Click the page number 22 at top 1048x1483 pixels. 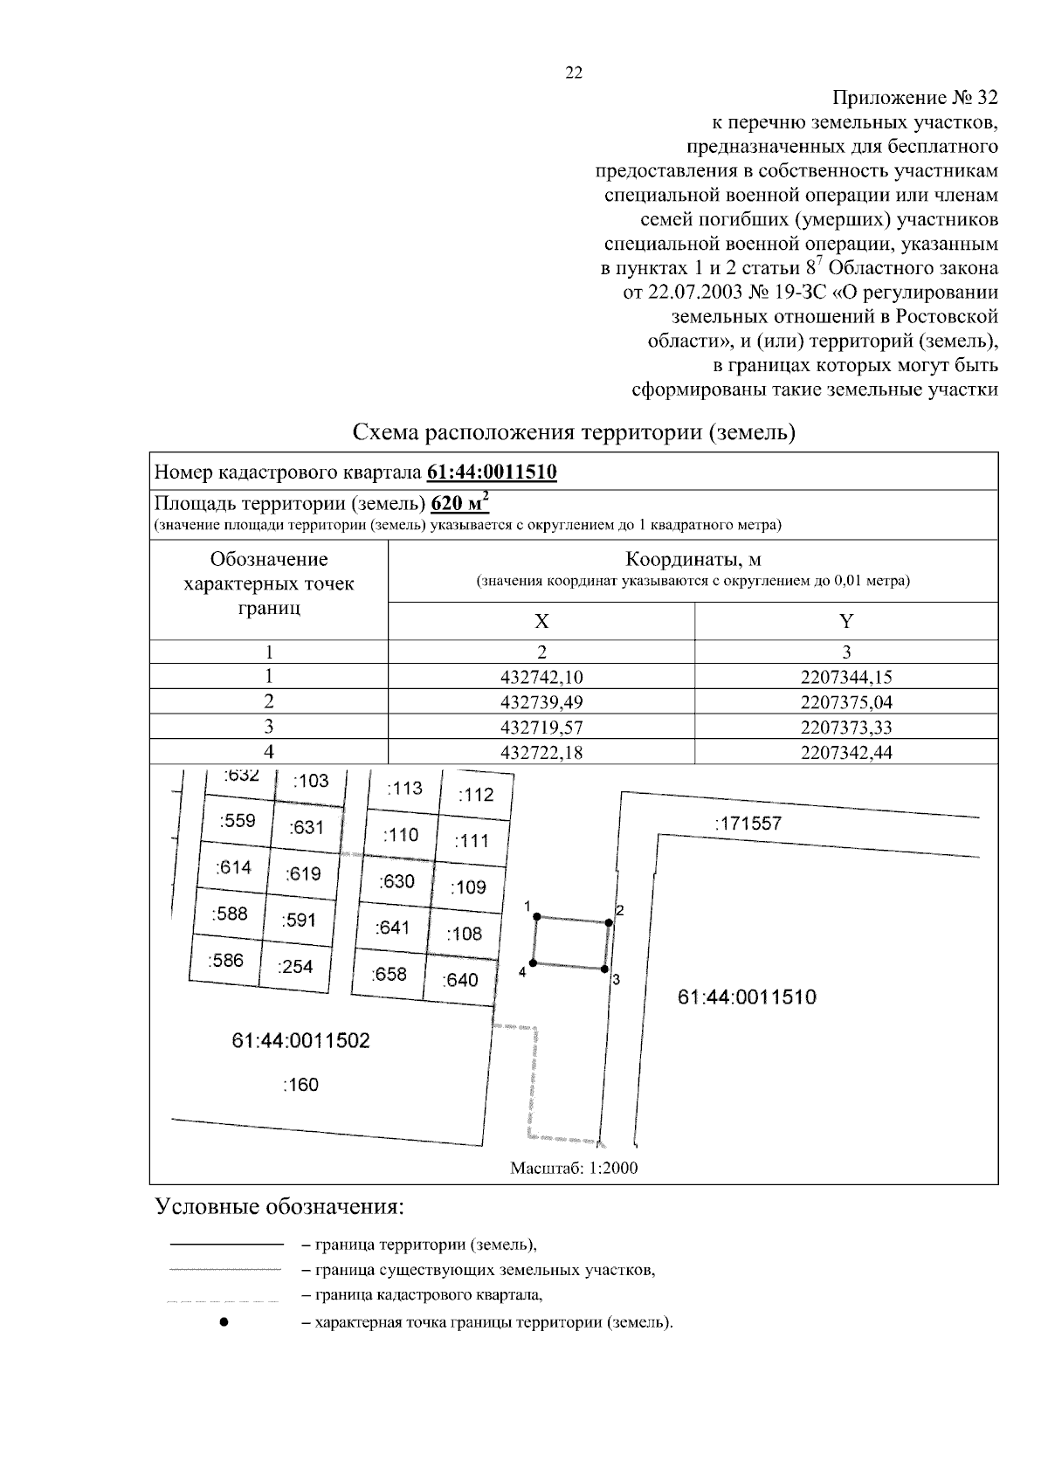click(574, 73)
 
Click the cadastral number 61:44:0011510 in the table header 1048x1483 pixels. click(492, 472)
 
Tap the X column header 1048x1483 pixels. click(541, 621)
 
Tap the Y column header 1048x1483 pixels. click(845, 621)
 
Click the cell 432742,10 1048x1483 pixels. click(541, 677)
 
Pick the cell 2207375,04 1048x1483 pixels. click(845, 702)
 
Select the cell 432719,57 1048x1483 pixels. click(541, 727)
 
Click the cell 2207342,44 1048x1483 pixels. click(845, 752)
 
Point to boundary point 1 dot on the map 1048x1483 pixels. click(537, 916)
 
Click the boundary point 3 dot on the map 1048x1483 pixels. click(605, 969)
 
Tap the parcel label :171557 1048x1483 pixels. click(748, 823)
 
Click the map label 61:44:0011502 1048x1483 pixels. click(300, 1040)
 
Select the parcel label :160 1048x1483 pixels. click(300, 1085)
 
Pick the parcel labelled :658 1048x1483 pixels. click(389, 974)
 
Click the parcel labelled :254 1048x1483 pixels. click(294, 966)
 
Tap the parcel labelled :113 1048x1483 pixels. click(403, 788)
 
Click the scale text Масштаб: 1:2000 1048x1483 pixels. click(574, 1168)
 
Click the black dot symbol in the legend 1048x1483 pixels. click(224, 1322)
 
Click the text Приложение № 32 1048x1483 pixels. click(914, 96)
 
